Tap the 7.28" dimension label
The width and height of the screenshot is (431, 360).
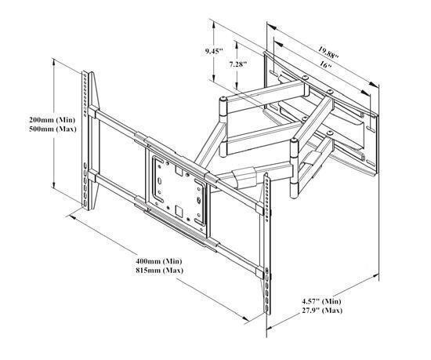(x=238, y=64)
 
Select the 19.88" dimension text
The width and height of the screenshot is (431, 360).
(x=328, y=53)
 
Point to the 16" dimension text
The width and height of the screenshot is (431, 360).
(x=325, y=65)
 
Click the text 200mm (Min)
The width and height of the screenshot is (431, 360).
(x=53, y=120)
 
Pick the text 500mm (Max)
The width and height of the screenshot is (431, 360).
(x=53, y=129)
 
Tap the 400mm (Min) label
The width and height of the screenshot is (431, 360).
(x=159, y=261)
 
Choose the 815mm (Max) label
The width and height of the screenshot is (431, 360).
(x=159, y=270)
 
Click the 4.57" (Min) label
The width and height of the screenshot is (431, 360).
(x=321, y=301)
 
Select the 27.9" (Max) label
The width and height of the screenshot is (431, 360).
(x=322, y=311)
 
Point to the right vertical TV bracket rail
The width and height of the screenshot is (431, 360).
(x=267, y=243)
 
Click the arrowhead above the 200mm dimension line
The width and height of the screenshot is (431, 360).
(x=54, y=63)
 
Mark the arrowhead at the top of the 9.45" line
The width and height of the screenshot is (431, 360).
(x=213, y=25)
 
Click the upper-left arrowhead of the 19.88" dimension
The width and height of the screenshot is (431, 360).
(x=271, y=27)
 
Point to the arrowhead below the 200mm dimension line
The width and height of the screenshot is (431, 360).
(x=54, y=184)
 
